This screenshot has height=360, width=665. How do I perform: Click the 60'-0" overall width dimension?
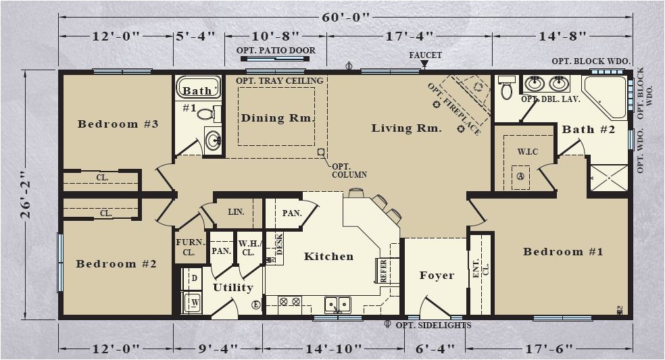click(x=345, y=18)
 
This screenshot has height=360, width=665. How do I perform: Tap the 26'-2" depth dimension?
click(x=26, y=195)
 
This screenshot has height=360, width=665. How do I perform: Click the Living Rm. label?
click(x=406, y=128)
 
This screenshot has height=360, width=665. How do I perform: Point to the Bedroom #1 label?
click(x=563, y=252)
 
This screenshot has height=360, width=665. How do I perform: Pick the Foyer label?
click(x=437, y=276)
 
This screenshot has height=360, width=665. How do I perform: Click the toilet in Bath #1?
click(x=209, y=113)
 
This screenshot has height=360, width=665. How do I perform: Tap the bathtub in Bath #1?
click(x=198, y=87)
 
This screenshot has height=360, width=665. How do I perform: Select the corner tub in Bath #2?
click(x=604, y=97)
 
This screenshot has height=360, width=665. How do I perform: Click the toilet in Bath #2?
click(x=506, y=88)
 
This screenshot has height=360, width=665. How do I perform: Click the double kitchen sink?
click(x=338, y=305)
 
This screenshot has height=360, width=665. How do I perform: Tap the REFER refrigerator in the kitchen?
click(x=384, y=270)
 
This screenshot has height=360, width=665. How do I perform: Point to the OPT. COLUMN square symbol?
click(x=321, y=152)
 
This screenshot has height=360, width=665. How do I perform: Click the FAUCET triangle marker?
click(x=424, y=64)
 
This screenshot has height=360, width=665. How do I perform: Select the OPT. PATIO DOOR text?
click(x=276, y=51)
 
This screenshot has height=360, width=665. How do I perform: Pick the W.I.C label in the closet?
click(x=528, y=151)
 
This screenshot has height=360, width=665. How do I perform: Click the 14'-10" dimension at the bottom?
click(x=334, y=349)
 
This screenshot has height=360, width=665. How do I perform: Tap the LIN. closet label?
click(x=236, y=211)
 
